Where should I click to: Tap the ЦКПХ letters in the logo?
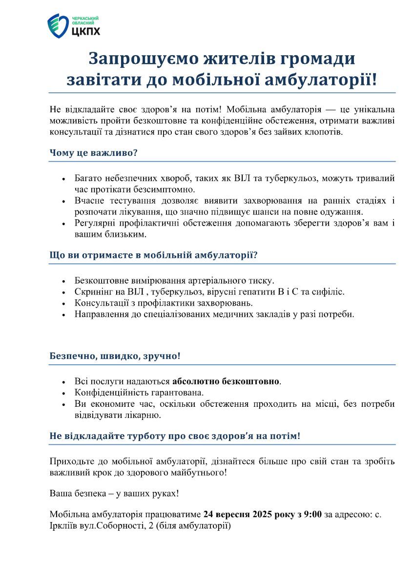(86, 31)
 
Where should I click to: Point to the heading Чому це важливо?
(93, 153)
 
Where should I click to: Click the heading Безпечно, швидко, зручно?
(115, 356)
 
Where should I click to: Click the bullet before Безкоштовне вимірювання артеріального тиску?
(63, 282)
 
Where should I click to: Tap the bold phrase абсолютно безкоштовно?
(227, 381)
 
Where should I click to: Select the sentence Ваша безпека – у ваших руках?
(114, 493)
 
